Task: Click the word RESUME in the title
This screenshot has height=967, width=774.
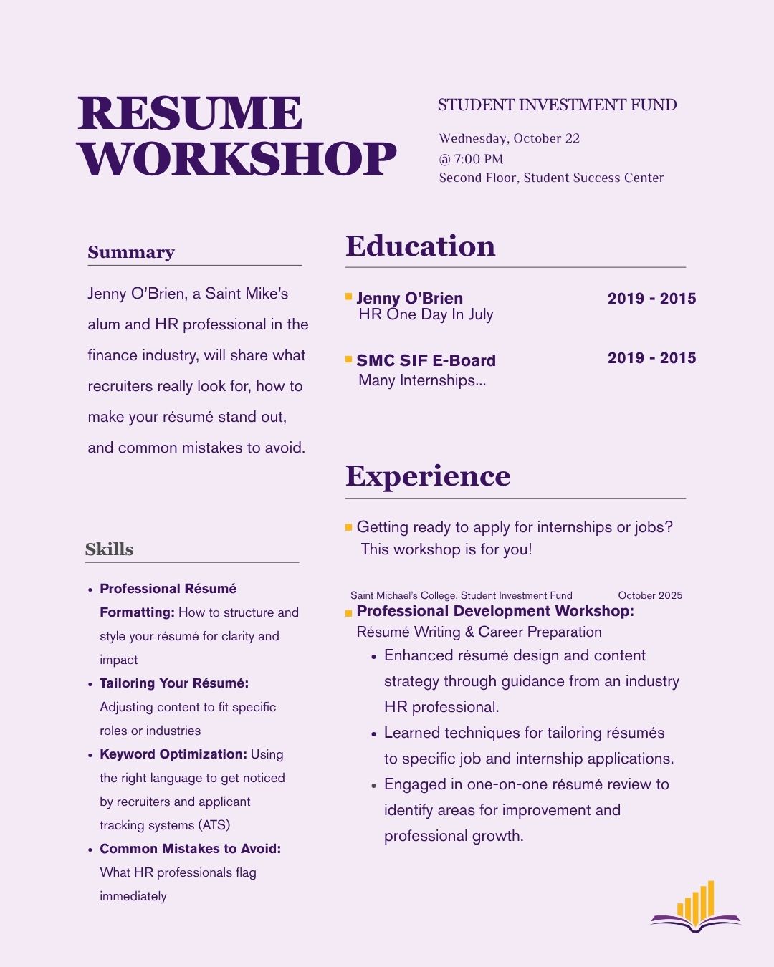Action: coord(190,113)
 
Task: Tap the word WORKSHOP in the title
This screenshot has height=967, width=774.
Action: coord(236,159)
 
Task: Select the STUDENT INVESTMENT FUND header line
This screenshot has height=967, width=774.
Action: coord(557,105)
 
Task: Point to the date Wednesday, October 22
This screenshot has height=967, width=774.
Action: coord(509,138)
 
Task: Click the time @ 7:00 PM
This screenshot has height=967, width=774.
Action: coord(471,159)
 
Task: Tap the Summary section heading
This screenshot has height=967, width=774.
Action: coord(131,252)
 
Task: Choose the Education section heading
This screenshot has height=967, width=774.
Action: coord(420,246)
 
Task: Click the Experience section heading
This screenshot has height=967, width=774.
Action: coord(428,476)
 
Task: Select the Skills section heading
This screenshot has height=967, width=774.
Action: coord(109,549)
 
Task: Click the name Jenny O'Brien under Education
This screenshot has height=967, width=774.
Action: coord(409,298)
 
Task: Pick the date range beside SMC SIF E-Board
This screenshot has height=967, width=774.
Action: coord(651,357)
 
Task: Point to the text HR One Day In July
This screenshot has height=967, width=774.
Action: coord(426,314)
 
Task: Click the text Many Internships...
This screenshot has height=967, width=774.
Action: coord(421,380)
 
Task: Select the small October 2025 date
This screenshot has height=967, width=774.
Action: coord(650,595)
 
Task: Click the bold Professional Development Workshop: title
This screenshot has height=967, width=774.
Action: coord(494,611)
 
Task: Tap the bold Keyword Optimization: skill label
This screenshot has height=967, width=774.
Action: coord(173,754)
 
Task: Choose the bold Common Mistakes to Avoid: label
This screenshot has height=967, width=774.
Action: coord(190,849)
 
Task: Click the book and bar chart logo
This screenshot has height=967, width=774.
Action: coord(695,908)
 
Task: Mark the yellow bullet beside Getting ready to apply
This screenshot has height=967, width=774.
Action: coord(349,527)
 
